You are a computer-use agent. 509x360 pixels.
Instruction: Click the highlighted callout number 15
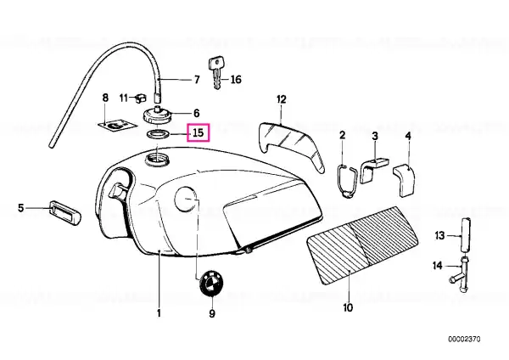click(199, 132)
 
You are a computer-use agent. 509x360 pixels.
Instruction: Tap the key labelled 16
click(215, 73)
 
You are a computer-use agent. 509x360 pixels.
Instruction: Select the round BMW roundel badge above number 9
click(212, 284)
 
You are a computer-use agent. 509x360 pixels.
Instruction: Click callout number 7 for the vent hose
click(197, 80)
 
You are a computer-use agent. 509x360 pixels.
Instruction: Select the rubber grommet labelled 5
click(65, 212)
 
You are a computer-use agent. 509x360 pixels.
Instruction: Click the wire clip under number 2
click(346, 181)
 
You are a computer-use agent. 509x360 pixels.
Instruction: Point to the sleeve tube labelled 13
click(466, 234)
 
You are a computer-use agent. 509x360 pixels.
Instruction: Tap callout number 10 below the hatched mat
click(348, 307)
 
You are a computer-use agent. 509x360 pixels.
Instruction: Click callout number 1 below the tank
click(159, 313)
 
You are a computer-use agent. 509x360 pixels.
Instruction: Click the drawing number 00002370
click(464, 340)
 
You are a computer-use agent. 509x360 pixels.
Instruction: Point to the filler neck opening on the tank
click(158, 160)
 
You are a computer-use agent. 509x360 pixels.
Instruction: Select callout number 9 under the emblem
click(211, 313)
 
